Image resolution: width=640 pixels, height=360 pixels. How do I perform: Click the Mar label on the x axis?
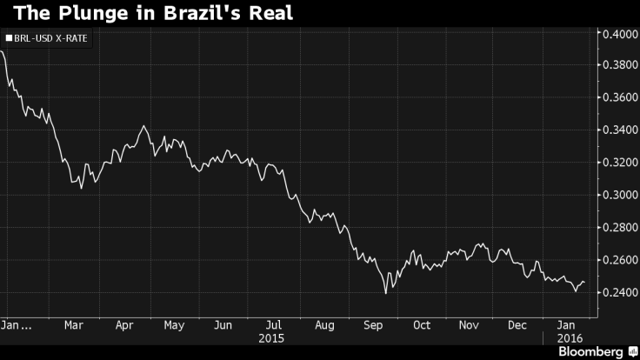point(74,325)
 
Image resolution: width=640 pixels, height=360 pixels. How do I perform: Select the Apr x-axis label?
point(124,325)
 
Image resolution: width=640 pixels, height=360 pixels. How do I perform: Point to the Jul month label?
point(272,325)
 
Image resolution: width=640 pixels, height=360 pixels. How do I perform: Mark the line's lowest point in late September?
point(385,293)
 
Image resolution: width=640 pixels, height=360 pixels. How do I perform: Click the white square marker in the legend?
point(9,38)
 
